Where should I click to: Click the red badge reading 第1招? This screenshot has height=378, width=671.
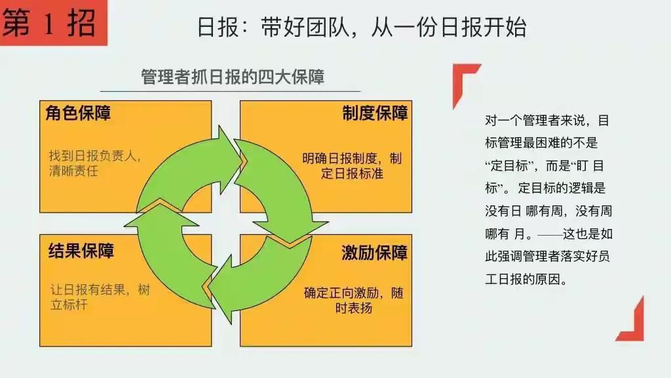[52, 23]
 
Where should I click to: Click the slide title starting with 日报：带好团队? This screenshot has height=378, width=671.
[362, 27]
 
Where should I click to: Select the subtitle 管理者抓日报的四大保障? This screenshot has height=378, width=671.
[233, 77]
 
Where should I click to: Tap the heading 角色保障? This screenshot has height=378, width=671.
[78, 113]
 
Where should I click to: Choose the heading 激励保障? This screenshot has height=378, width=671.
[374, 253]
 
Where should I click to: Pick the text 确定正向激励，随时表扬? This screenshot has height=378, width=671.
[353, 299]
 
